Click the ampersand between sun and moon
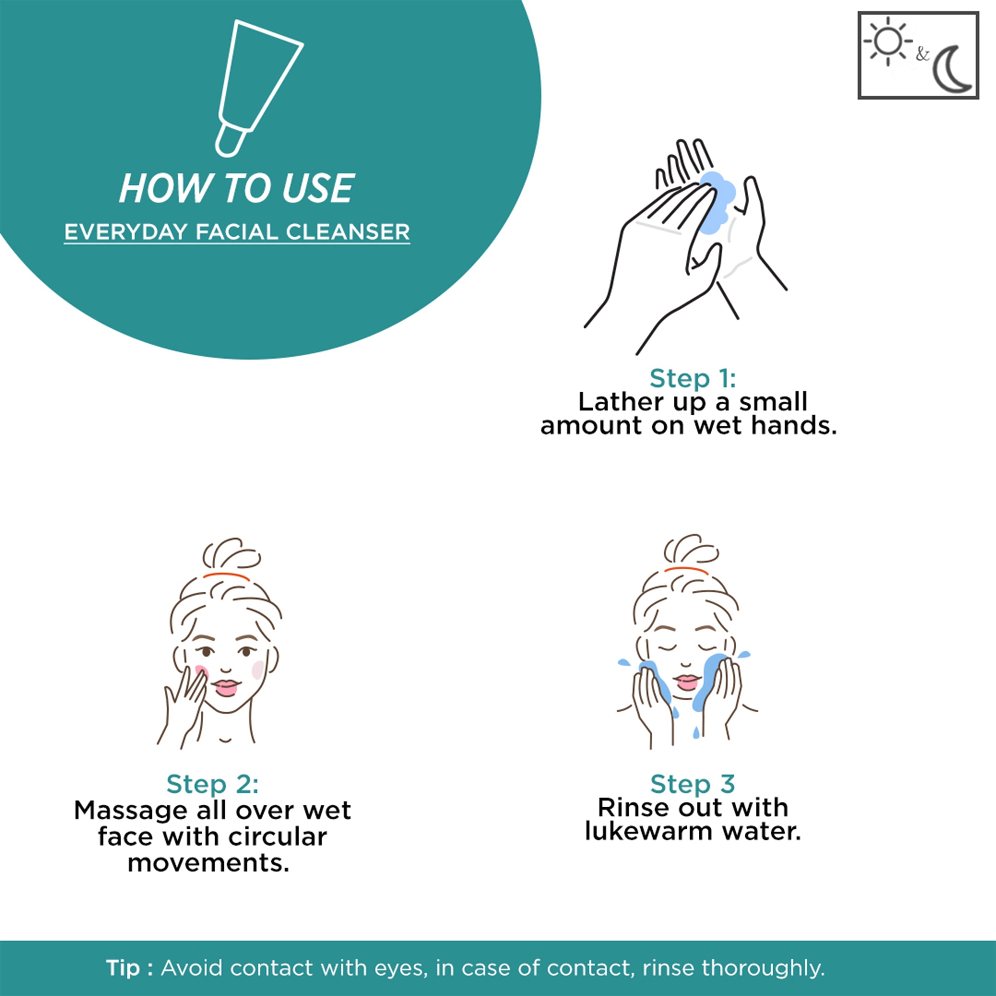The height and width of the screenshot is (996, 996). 922,54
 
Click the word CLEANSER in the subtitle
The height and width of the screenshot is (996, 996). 348,232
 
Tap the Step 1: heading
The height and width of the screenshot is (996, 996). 692,378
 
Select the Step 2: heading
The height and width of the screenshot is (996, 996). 212,784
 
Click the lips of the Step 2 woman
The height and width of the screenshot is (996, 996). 225,687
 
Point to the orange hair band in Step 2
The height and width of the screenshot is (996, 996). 226,576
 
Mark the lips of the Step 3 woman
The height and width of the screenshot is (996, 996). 687,683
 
